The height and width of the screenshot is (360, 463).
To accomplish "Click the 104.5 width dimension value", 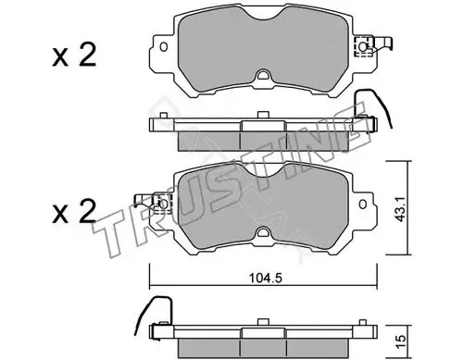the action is pos(266,279).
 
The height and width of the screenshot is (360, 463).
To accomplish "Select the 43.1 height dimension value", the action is pos(401,208).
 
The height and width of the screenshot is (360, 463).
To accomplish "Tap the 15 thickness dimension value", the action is pos(400,341).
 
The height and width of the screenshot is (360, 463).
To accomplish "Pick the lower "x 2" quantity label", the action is pos(74,211).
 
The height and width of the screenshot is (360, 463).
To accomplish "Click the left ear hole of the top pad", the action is pos(164,47).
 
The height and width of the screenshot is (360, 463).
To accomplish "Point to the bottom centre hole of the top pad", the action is pos(263,76).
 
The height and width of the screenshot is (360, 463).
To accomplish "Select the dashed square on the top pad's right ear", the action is pos(363,46).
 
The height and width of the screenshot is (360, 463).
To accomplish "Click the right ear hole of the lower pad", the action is pos(363,205).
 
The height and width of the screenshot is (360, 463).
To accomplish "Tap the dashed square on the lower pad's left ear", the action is pos(163,204).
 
